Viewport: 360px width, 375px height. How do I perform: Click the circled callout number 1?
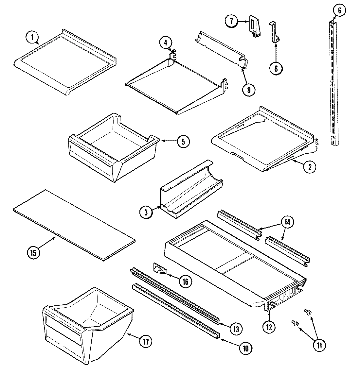pos(32,38)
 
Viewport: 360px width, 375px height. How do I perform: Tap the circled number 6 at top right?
pos(339,10)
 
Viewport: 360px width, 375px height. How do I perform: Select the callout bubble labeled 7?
pos(231,21)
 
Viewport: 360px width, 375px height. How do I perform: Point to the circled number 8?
pos(276,68)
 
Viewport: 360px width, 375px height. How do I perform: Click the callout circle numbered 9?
pos(248,89)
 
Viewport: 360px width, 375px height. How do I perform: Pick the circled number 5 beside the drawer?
pos(183,141)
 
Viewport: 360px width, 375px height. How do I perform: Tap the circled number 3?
pos(146,212)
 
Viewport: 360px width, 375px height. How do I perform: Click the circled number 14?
pos(287,222)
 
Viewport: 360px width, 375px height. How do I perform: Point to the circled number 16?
pos(185,281)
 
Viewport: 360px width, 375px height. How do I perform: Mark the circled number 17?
pos(146,342)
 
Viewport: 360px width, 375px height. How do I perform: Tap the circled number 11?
pos(319,345)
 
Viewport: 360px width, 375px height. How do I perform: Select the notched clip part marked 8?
pos(274,33)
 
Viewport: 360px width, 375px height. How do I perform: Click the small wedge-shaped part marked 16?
pos(160,269)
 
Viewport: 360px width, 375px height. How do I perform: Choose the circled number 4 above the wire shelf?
pos(166,42)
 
